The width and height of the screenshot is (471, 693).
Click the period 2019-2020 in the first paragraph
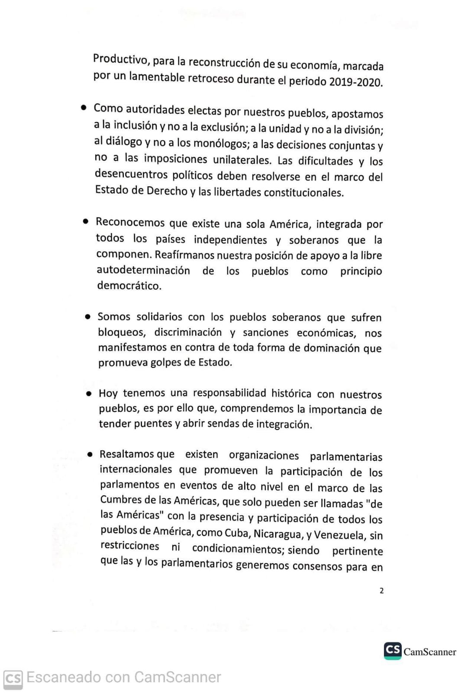[355, 82]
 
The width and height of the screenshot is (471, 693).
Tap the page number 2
[381, 590]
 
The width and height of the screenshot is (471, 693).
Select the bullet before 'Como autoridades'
[84, 107]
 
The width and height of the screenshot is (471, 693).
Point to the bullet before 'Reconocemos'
[86, 221]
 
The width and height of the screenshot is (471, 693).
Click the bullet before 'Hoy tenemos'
[89, 394]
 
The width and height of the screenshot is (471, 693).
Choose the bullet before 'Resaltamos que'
[90, 454]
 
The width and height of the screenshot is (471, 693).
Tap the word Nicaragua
[277, 534]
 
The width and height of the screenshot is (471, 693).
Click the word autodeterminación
[143, 270]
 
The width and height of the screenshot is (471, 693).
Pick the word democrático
[129, 286]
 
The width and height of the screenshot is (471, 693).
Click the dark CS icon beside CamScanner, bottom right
[393, 651]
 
